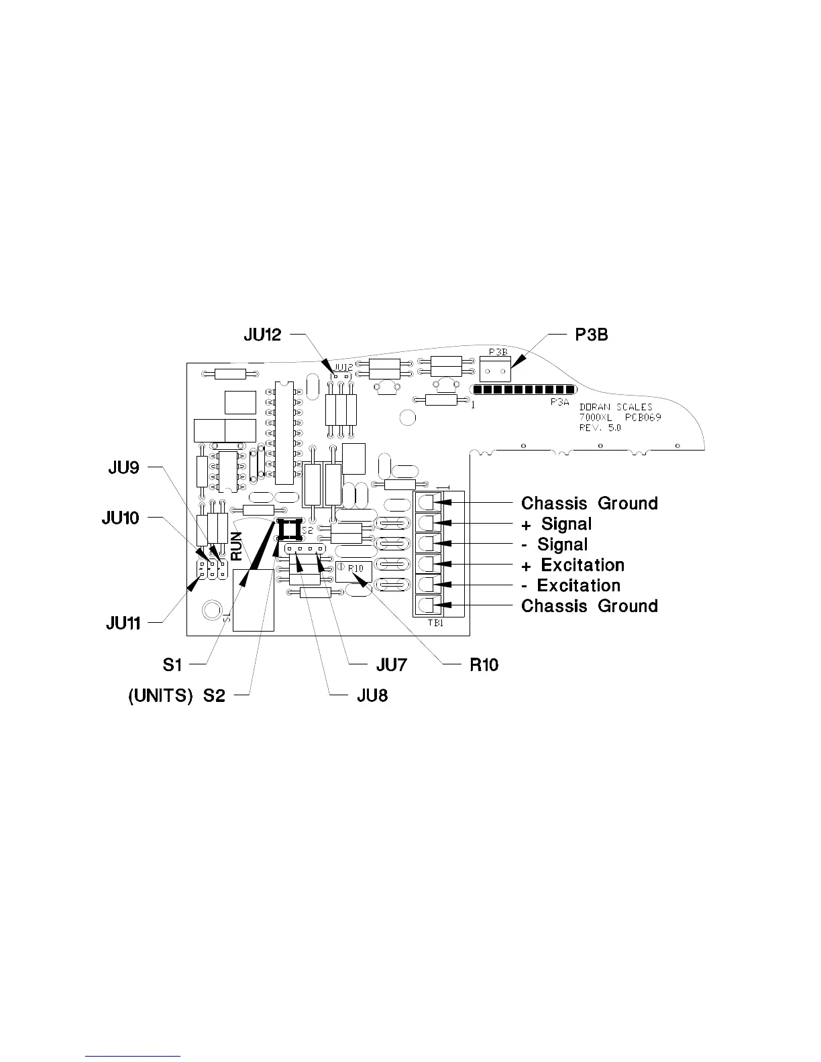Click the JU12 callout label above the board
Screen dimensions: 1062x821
262,335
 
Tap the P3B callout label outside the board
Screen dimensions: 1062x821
592,335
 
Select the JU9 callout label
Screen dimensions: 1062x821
123,467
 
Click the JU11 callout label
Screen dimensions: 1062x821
123,623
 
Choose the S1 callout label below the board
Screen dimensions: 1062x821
172,664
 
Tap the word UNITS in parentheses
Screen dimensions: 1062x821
163,696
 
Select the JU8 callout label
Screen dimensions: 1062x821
371,696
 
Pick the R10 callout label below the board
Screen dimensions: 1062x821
483,664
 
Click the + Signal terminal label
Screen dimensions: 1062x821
557,524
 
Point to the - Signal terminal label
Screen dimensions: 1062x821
555,544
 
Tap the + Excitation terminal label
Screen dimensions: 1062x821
573,565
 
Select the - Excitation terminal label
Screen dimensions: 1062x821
571,585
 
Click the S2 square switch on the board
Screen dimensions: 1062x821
289,530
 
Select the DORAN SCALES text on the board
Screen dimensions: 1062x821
615,408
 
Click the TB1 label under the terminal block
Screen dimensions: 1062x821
435,622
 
